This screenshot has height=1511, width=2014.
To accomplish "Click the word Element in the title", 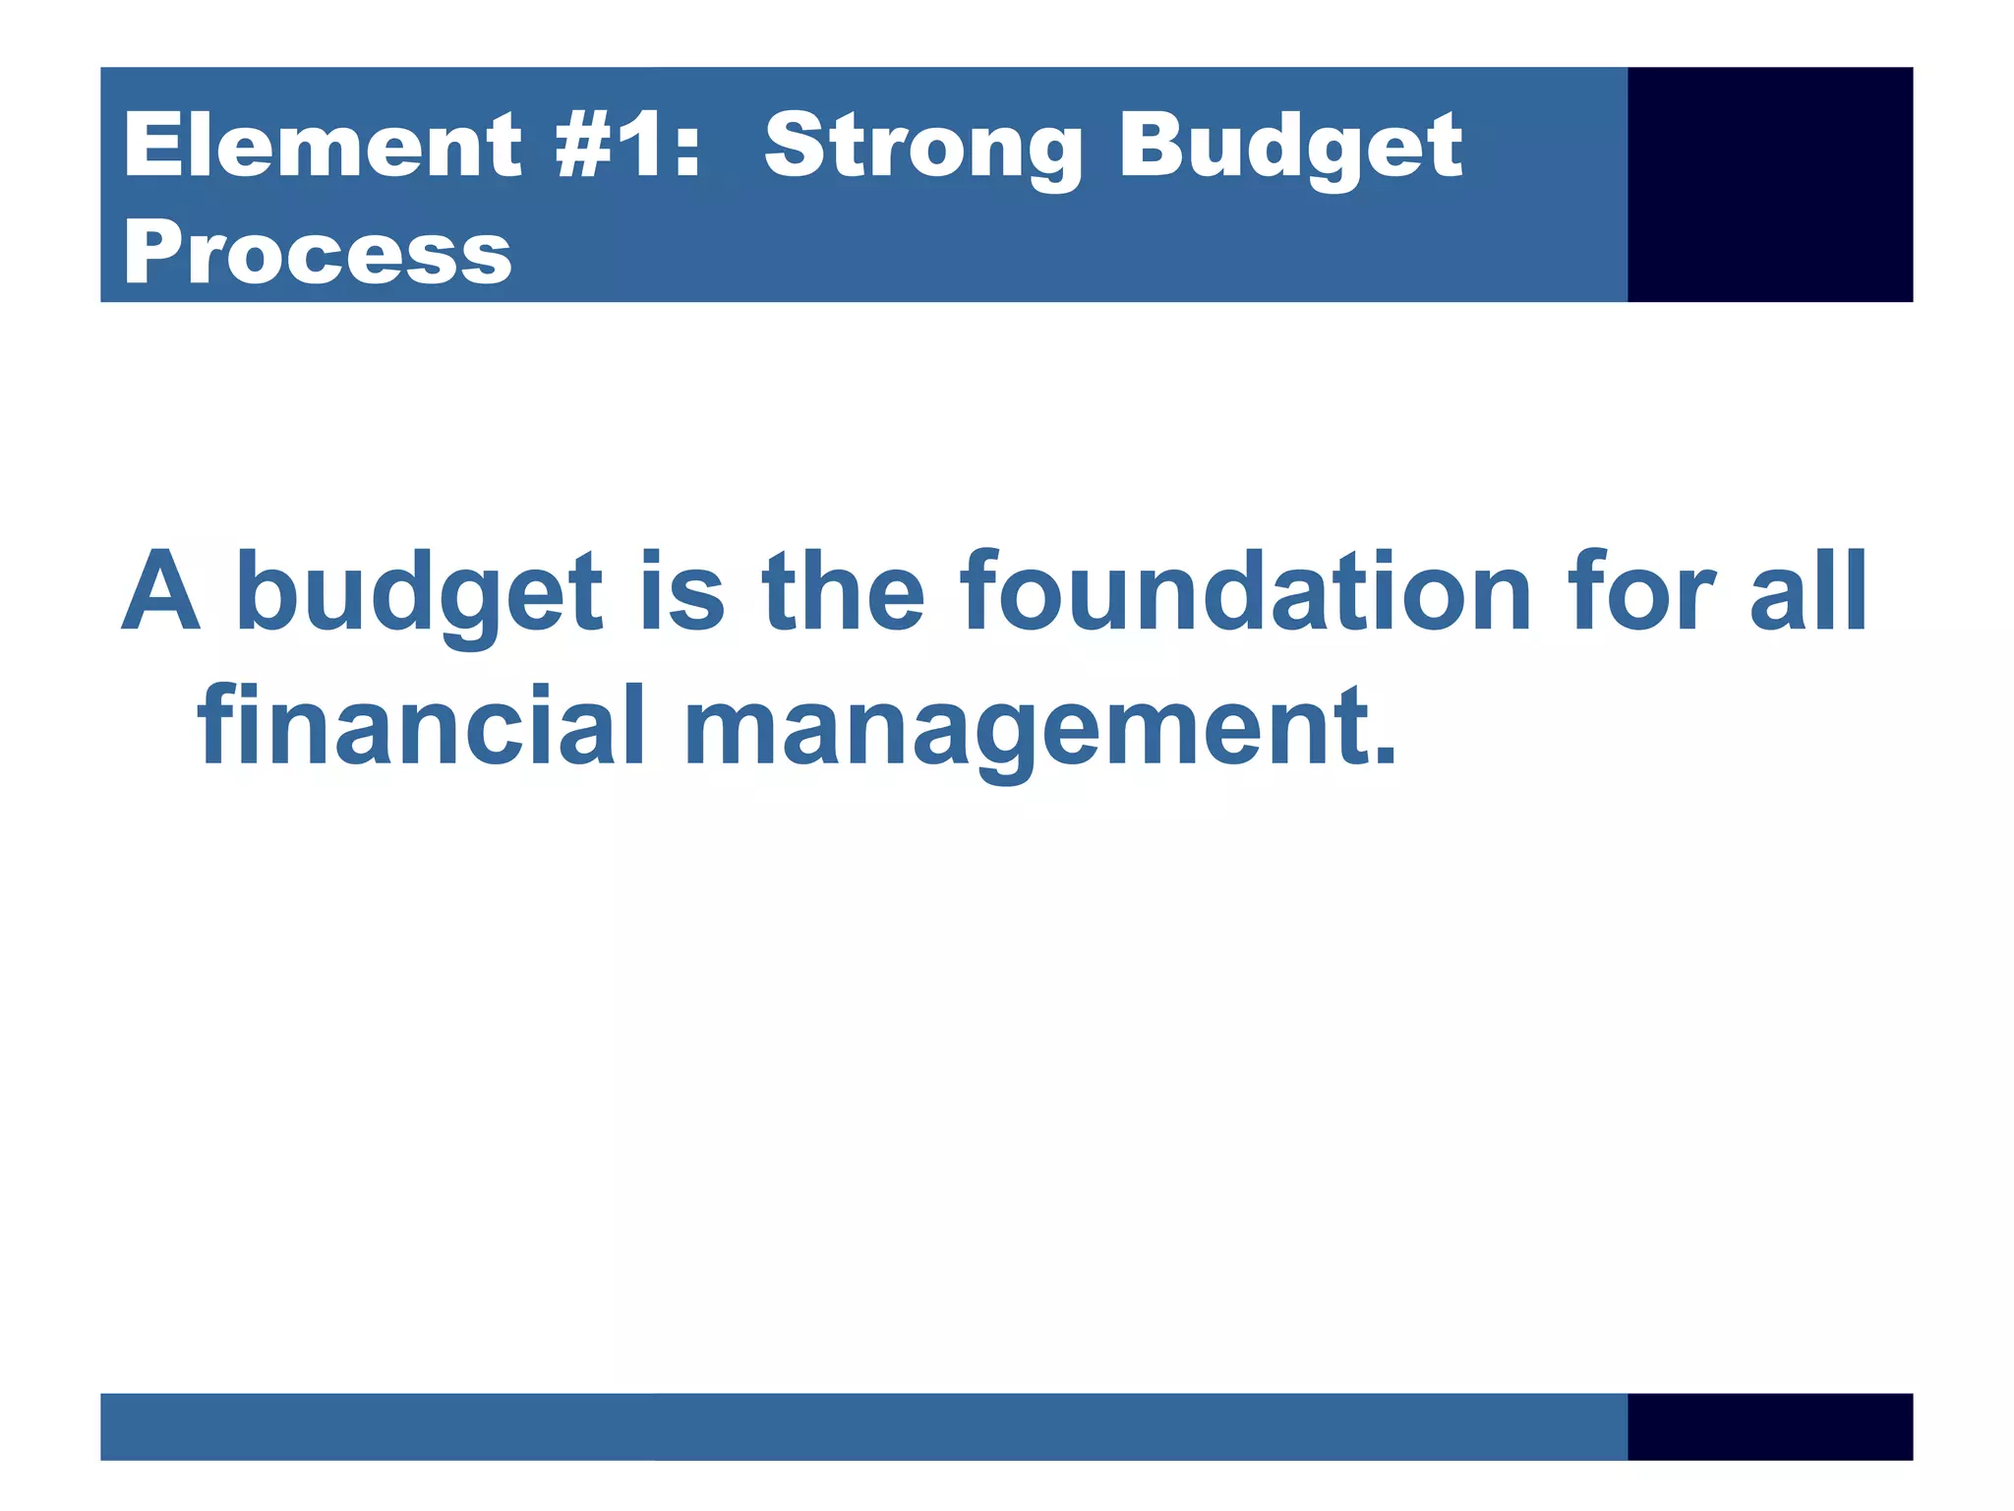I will (323, 146).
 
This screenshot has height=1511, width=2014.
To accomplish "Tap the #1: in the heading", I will (627, 146).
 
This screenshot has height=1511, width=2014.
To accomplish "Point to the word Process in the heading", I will (317, 254).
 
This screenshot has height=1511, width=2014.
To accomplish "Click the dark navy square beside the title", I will (1769, 184).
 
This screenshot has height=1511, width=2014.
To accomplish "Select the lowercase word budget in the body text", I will (419, 593).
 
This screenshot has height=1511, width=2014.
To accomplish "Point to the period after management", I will (1384, 755).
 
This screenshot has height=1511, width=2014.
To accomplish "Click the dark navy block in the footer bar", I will (1769, 1425).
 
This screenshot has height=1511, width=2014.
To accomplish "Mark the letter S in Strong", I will (795, 146).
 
